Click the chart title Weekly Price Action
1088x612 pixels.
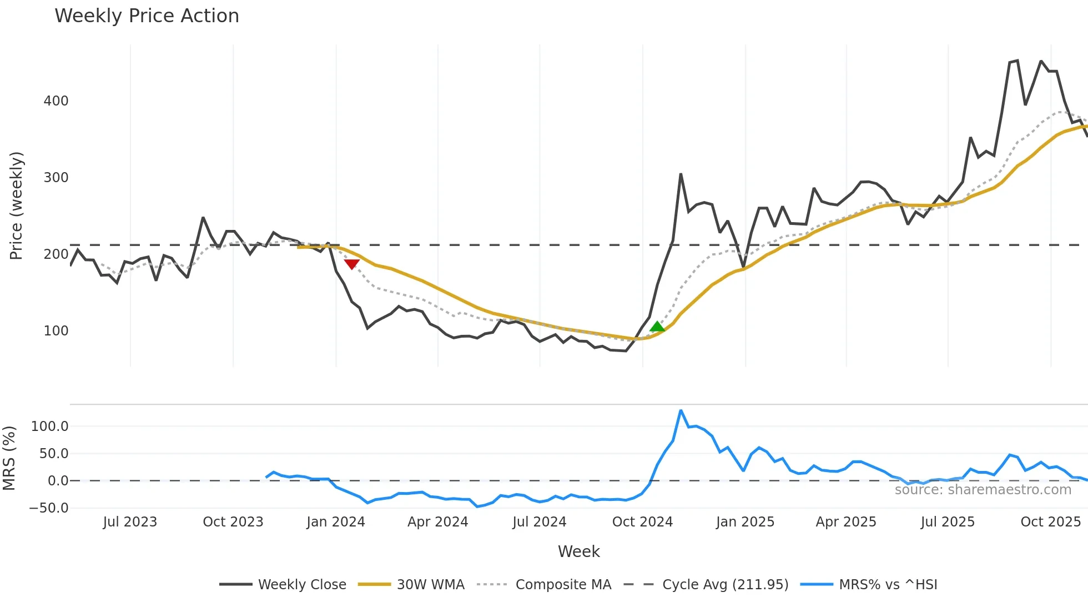147,16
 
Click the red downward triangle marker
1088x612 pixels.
351,264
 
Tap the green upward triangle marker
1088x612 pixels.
657,327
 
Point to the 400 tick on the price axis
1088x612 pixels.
56,101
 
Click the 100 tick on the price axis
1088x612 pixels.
56,331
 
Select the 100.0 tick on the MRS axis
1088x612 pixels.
50,427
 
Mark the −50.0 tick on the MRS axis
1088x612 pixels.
49,508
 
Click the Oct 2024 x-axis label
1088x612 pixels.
642,522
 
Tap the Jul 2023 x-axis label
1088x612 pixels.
130,522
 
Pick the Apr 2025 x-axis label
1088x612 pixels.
846,522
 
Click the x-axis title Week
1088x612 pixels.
578,551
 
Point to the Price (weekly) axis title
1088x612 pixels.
16,205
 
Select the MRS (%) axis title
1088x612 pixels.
9,458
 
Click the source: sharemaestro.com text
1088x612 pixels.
983,490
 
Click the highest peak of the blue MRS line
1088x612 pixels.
681,411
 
